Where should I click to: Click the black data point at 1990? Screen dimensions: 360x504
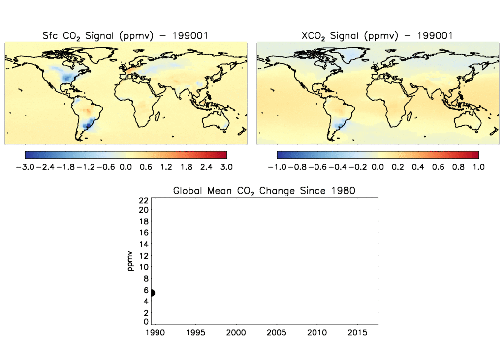(152, 293)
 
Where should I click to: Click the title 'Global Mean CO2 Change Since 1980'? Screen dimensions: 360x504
(264, 191)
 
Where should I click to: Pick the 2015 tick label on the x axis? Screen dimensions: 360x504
(358, 333)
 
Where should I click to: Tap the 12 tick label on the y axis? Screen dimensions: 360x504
(143, 256)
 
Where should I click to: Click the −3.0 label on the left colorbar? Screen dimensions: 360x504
(25, 167)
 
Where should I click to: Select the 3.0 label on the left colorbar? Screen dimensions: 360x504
(226, 167)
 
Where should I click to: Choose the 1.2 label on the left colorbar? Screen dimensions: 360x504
(166, 167)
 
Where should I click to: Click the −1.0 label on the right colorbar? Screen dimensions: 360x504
(277, 167)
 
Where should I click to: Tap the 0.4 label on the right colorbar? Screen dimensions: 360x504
(418, 167)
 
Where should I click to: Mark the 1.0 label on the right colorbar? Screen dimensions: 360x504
(478, 167)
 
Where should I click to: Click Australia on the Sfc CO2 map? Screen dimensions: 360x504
(216, 118)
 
